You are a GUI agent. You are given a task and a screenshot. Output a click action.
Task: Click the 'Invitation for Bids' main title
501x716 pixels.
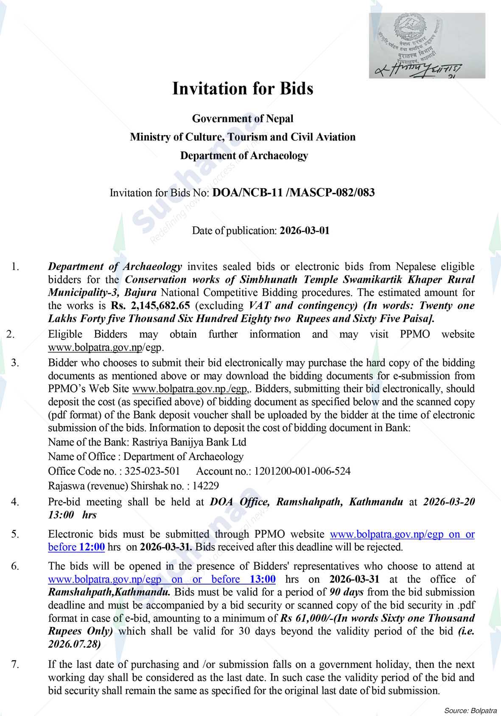242,89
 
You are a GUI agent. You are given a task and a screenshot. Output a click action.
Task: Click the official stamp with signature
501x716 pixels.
427,46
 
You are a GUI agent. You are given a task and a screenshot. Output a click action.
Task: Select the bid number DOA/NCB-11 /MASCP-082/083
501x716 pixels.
294,193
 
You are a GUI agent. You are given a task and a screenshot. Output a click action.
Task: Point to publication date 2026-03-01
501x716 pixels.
304,231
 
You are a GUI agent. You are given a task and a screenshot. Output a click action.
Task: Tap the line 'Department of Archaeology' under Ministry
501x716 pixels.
244,156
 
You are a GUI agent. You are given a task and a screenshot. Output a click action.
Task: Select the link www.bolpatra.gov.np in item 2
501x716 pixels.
95,348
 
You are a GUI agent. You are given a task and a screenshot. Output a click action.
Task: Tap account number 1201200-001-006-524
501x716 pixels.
302,471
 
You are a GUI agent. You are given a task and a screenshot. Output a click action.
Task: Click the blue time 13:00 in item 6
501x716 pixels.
263,579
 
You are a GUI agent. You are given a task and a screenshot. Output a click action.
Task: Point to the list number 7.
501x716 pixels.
15,664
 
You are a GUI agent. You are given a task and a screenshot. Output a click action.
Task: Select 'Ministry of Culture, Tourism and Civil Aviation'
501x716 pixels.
242,137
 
